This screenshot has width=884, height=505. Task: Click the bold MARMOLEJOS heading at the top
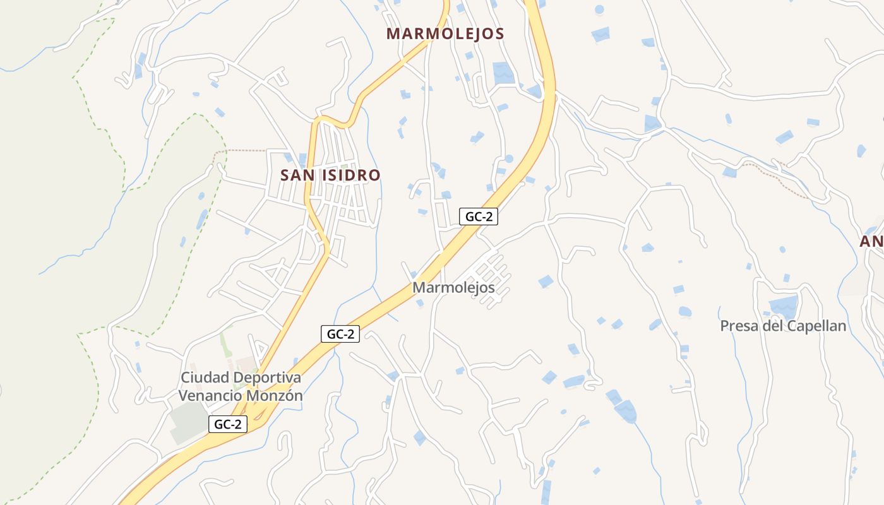(445, 33)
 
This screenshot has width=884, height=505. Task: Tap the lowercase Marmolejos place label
(453, 288)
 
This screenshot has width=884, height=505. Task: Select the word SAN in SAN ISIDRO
(297, 175)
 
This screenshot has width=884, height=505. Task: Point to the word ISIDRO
(351, 175)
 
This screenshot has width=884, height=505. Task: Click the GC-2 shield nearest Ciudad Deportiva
(228, 424)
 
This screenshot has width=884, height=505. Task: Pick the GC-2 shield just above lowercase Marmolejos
(479, 217)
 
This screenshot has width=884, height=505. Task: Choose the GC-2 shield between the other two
(340, 334)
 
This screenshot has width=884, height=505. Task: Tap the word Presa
(740, 326)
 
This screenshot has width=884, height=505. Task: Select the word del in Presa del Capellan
(774, 326)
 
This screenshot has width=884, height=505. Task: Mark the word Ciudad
(205, 377)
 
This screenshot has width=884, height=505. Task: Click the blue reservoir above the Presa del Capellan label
(784, 307)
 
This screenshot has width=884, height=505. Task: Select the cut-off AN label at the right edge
(871, 242)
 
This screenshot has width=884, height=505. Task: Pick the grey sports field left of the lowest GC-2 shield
(187, 422)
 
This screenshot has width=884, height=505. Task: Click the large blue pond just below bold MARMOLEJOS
(503, 73)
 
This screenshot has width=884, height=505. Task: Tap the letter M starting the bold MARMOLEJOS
(393, 33)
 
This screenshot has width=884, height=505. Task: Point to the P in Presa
(725, 326)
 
